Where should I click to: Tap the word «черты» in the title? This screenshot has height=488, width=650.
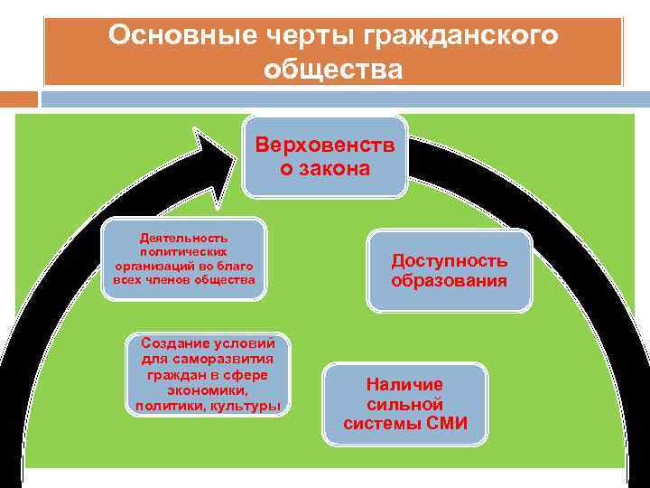[275, 36]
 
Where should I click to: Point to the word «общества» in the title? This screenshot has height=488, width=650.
[333, 69]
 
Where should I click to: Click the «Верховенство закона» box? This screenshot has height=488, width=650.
[324, 155]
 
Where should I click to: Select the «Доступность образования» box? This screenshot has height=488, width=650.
[449, 270]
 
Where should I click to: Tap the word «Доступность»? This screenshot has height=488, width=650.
[449, 260]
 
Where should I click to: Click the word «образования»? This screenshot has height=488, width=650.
[449, 281]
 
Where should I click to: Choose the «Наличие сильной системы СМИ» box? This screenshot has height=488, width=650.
[405, 404]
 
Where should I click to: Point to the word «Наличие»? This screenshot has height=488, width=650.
[404, 384]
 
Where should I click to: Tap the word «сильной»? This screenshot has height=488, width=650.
[404, 404]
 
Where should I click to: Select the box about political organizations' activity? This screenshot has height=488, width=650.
[184, 258]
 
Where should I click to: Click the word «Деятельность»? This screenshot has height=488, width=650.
[183, 237]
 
